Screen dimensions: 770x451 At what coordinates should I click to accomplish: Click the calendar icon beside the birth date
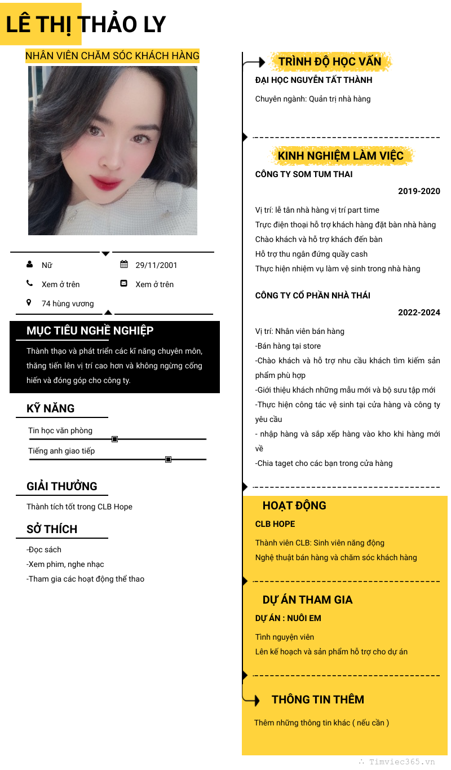(124, 265)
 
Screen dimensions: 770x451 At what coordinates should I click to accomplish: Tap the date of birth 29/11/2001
(156, 265)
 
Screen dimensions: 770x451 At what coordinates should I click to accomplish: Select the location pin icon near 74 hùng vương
(29, 303)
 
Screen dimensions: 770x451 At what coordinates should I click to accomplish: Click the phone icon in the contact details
(29, 284)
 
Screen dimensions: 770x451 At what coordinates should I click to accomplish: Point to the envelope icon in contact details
(124, 284)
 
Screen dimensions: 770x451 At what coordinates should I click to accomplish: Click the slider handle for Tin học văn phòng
(115, 439)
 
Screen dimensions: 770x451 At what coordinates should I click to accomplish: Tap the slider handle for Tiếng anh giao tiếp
(168, 460)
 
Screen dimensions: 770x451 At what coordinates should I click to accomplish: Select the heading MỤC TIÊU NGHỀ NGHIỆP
(90, 331)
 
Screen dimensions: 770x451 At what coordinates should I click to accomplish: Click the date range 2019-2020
(419, 191)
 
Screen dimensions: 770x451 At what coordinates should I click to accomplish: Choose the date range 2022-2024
(419, 313)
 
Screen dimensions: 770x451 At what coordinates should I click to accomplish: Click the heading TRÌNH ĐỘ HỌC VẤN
(330, 61)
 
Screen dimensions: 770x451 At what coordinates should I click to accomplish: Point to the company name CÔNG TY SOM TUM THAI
(304, 174)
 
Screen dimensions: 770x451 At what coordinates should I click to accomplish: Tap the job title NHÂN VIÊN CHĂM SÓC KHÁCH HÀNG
(112, 56)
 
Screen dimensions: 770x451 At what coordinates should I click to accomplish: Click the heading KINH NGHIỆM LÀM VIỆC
(341, 156)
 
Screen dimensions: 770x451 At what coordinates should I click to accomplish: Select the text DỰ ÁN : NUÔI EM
(288, 618)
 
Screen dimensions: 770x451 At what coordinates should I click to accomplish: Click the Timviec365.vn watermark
(401, 762)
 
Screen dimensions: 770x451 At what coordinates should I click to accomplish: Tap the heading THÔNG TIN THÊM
(318, 699)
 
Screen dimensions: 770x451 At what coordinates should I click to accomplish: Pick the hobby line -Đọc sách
(44, 549)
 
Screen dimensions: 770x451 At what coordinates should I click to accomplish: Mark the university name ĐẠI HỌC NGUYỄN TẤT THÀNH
(313, 80)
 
